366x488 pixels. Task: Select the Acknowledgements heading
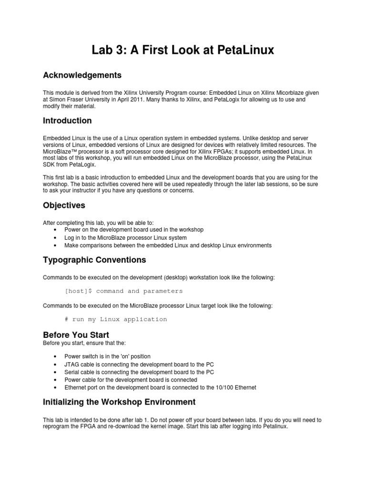(x=82, y=75)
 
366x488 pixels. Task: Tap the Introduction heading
(x=67, y=121)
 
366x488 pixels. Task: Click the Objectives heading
(x=64, y=205)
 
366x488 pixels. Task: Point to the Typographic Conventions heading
(x=94, y=260)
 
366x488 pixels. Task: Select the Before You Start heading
(x=76, y=335)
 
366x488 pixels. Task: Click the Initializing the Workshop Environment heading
(x=119, y=402)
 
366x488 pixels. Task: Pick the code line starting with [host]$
(x=123, y=291)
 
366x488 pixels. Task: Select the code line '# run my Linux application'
(x=116, y=319)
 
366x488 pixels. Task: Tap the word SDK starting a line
(x=49, y=164)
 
